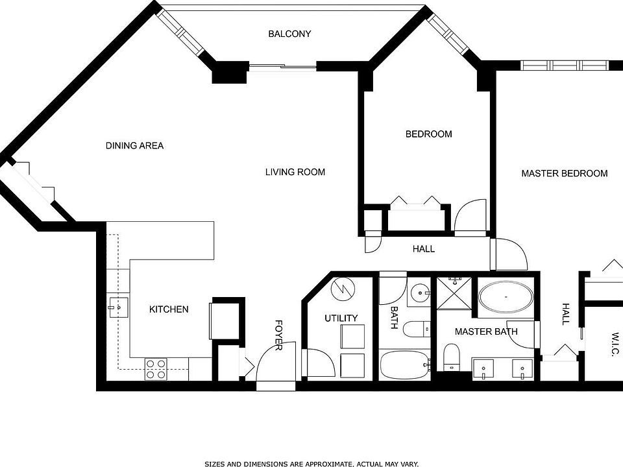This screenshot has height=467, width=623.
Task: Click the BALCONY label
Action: point(289,34)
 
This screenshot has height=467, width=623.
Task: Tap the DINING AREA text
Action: point(134,146)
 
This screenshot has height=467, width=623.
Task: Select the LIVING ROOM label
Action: point(295,172)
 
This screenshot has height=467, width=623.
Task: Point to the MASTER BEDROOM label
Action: point(565,173)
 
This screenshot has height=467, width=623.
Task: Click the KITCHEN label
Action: point(169,309)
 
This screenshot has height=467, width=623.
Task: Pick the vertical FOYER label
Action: point(278,335)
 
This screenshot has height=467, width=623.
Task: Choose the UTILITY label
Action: point(341,318)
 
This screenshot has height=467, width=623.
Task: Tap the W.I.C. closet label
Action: point(615,344)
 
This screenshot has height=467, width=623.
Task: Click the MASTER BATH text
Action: point(486,331)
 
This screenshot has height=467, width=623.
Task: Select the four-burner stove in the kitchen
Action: point(156,369)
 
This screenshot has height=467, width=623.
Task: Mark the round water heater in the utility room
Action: point(342,289)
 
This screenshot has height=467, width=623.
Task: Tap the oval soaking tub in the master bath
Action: point(506,298)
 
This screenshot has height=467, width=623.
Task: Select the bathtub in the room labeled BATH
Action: point(404,366)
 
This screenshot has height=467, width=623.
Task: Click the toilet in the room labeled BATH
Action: point(415,329)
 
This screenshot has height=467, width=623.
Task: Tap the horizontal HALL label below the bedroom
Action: point(424,249)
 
